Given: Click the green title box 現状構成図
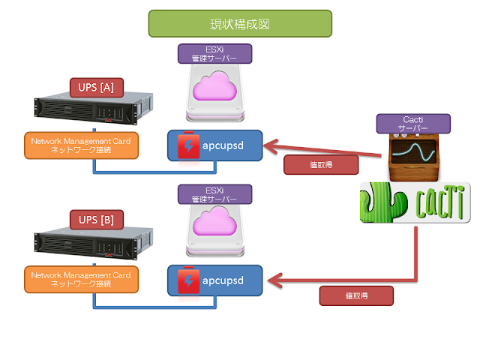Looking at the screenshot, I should pyautogui.click(x=240, y=23).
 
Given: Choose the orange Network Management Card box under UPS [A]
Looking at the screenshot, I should pyautogui.click(x=81, y=145).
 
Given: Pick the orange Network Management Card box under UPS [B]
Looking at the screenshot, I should pyautogui.click(x=81, y=280).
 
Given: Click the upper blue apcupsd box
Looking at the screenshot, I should pyautogui.click(x=214, y=145).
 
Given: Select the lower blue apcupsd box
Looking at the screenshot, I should pyautogui.click(x=214, y=279).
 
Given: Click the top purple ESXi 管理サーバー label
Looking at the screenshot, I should pyautogui.click(x=214, y=53).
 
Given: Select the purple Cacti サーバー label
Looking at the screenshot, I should pyautogui.click(x=412, y=124).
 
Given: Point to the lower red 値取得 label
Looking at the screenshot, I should pyautogui.click(x=356, y=295).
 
